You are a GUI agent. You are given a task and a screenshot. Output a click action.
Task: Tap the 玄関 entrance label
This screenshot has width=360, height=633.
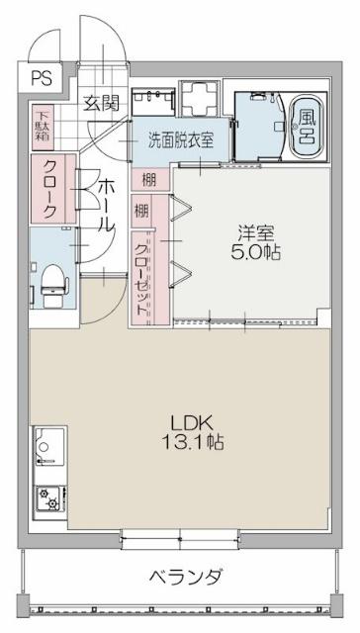click(100, 103)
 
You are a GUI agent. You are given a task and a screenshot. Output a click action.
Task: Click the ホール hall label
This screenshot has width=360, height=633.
click(107, 204)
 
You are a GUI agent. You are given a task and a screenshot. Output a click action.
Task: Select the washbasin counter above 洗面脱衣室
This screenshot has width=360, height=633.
click(153, 99)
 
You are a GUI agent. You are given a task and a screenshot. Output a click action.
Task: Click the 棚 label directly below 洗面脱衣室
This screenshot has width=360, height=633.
click(147, 179)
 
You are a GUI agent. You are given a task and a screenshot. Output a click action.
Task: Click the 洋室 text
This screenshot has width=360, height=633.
click(255, 233)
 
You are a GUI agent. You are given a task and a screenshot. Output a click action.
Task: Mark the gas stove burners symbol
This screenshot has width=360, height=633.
click(46, 500)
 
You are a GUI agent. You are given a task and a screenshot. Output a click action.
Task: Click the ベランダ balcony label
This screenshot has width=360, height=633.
click(186, 577)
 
